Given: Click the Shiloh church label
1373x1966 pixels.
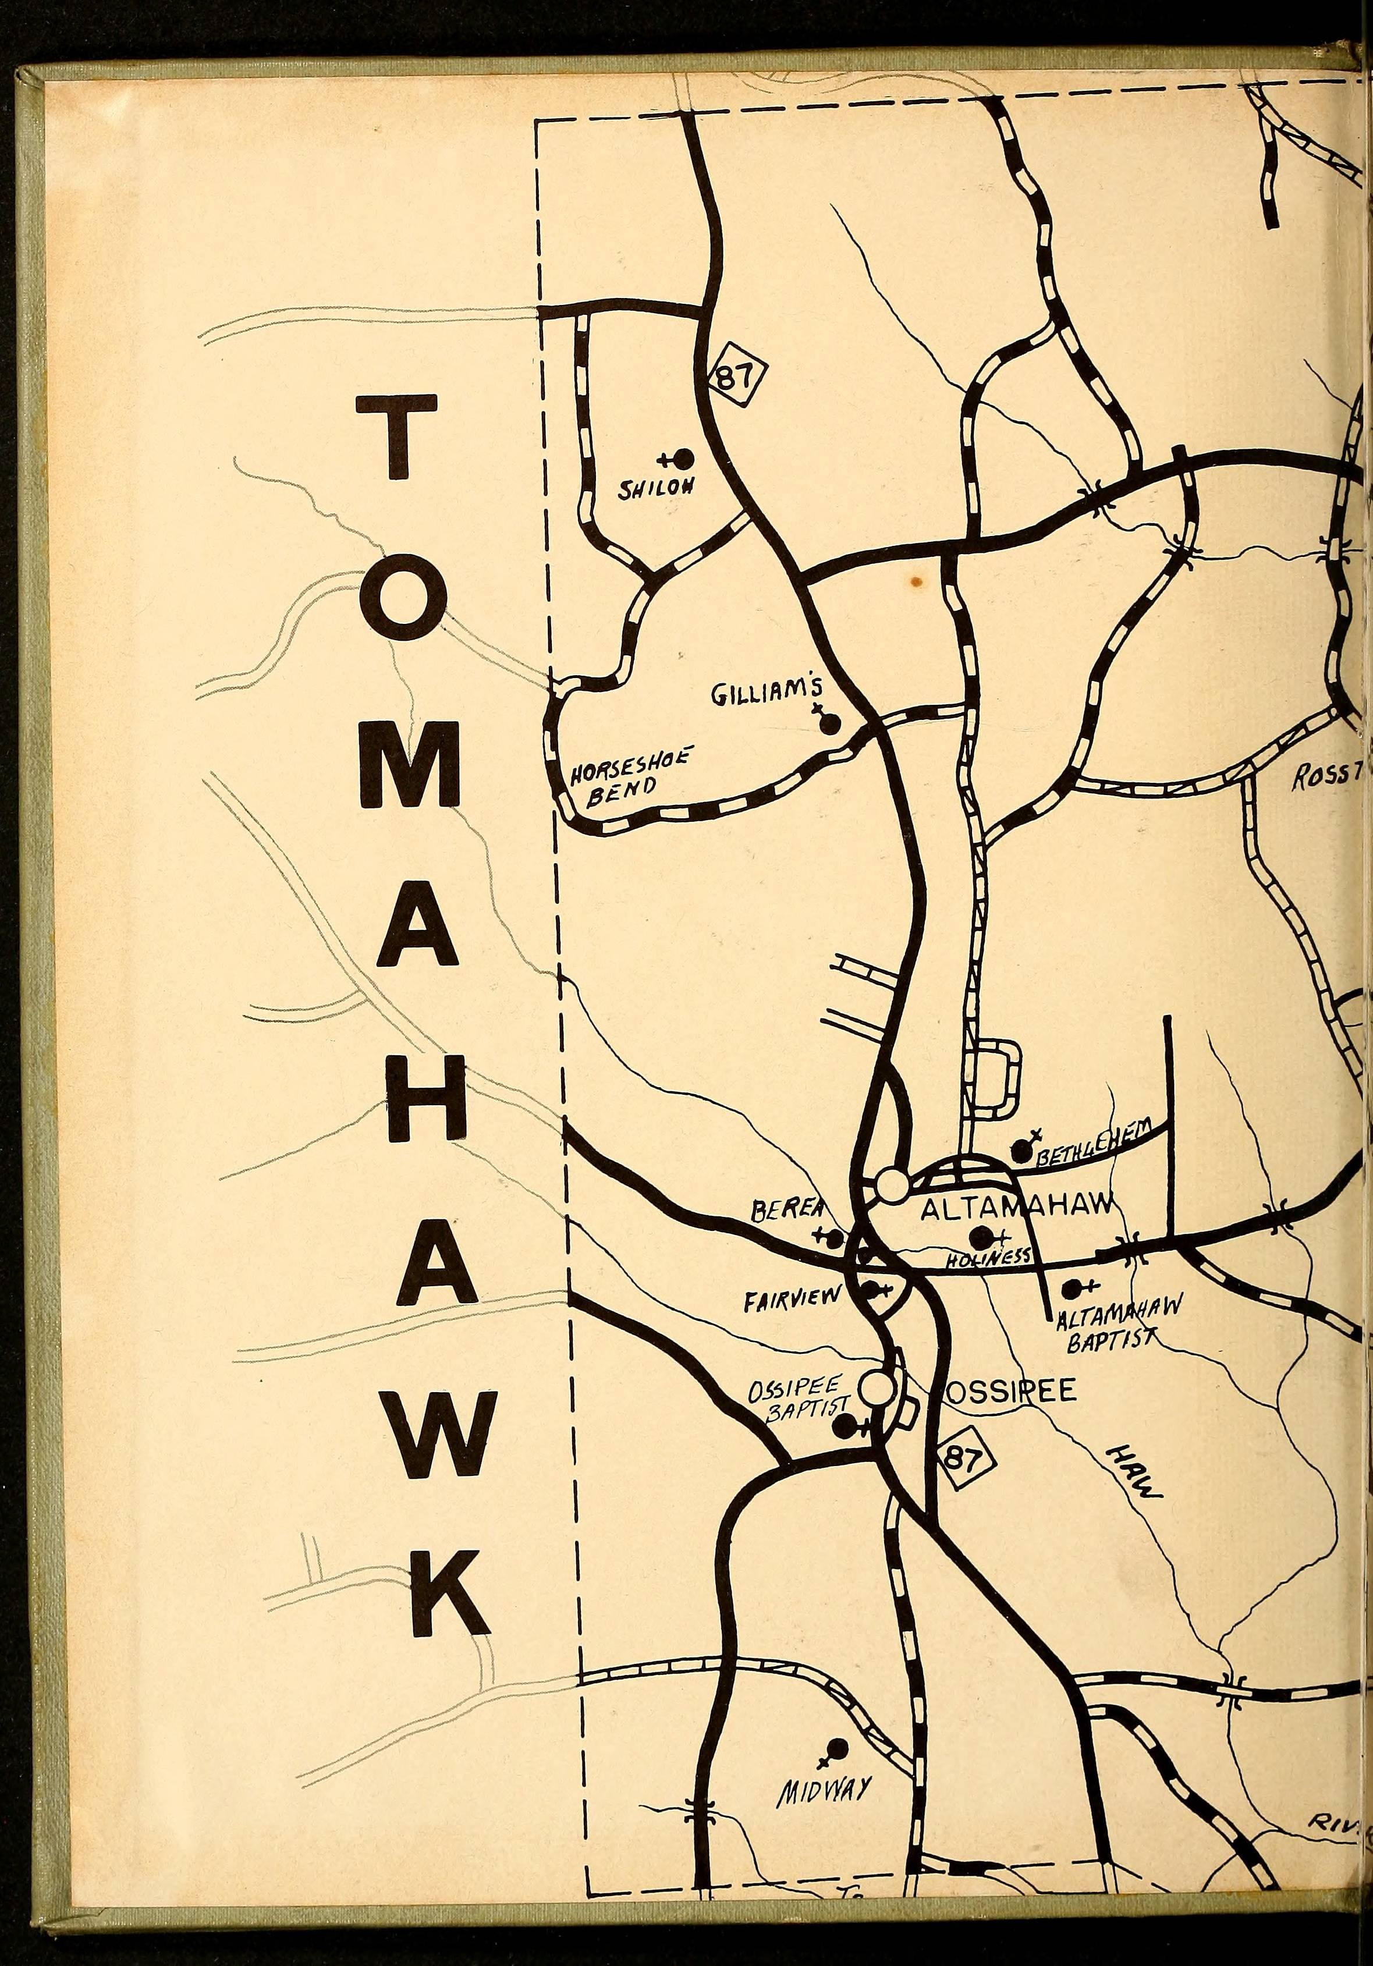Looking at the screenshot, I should point(658,488).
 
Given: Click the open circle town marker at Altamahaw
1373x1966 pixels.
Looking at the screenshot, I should point(892,1187).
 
